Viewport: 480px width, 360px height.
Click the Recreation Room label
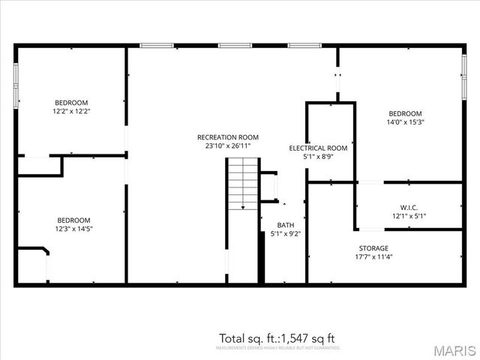[x=228, y=137]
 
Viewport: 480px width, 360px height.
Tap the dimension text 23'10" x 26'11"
[x=228, y=146]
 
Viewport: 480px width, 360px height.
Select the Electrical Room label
[x=318, y=148]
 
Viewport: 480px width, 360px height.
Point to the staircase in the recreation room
[x=243, y=184]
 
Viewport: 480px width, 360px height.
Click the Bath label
[x=286, y=225]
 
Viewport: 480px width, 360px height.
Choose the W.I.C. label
[x=409, y=207]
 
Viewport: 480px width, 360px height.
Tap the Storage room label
[x=373, y=248]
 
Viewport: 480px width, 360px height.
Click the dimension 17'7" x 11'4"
[x=373, y=257]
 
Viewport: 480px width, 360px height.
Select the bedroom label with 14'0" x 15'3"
[x=404, y=113]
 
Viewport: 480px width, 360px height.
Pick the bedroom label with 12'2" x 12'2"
[x=72, y=103]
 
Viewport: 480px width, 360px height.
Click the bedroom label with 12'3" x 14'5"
[x=74, y=220]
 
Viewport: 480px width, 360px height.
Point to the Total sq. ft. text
[x=277, y=338]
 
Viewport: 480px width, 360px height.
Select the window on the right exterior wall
[x=463, y=75]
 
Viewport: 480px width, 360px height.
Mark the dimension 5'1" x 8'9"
[x=318, y=157]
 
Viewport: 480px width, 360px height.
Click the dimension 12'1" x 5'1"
[x=409, y=216]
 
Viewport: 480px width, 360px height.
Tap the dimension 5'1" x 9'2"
[x=286, y=234]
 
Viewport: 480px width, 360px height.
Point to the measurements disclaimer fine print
[x=277, y=348]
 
